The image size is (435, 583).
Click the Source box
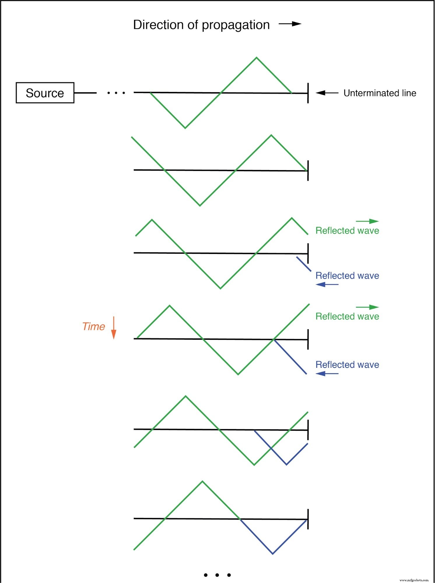point(45,93)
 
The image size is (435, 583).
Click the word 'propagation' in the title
point(236,25)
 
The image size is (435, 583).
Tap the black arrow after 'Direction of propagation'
point(290,24)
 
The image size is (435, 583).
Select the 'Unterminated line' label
point(380,93)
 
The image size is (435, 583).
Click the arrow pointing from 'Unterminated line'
point(327,93)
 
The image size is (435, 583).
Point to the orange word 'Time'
point(94,326)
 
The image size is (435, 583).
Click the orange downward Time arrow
point(114,328)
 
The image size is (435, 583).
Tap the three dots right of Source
point(116,93)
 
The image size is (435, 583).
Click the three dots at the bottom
point(217,575)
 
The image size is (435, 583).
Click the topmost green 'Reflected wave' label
point(347,231)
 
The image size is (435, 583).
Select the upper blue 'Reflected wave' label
point(347,276)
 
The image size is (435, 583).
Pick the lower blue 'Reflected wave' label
point(347,365)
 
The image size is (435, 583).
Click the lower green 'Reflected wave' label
point(347,316)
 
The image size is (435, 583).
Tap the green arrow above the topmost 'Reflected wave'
point(367,221)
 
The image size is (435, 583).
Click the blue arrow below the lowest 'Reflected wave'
point(327,374)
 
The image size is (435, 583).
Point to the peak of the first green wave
point(257,58)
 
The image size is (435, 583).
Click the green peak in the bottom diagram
point(202,482)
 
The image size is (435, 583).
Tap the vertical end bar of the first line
point(308,93)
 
